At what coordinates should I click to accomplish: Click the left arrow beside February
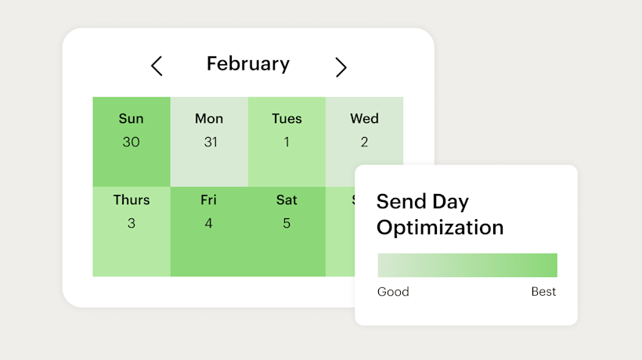[x=157, y=67]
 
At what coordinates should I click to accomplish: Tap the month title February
[x=247, y=64]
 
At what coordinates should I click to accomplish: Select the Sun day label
[x=131, y=119]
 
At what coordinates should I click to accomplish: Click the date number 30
[x=131, y=142]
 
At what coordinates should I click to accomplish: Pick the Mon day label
[x=209, y=119]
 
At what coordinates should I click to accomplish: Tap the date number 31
[x=209, y=142]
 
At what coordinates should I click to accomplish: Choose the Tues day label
[x=287, y=119]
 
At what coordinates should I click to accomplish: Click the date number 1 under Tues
[x=287, y=142]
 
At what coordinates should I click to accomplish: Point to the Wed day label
[x=364, y=119]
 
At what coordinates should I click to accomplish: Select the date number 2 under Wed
[x=364, y=142]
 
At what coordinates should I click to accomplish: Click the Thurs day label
[x=131, y=200]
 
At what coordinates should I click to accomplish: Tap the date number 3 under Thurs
[x=131, y=224]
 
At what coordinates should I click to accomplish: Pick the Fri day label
[x=208, y=200]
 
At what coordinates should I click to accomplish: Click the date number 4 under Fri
[x=208, y=224]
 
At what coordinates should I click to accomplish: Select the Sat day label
[x=287, y=200]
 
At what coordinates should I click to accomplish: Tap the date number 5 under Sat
[x=287, y=224]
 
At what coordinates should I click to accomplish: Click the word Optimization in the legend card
[x=439, y=228]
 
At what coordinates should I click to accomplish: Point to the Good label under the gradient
[x=393, y=292]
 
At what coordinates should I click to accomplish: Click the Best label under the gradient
[x=543, y=292]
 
